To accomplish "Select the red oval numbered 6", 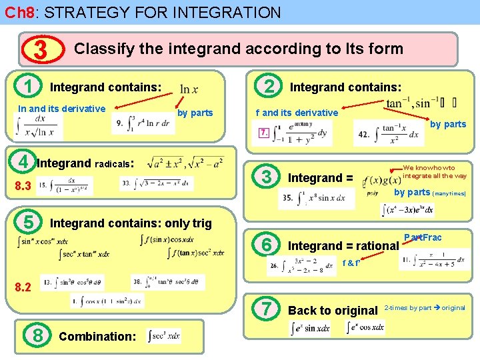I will tap(267, 245).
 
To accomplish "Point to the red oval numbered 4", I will tap(23, 162).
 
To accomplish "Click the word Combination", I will tap(97, 336).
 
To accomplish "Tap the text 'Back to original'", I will tap(333, 311).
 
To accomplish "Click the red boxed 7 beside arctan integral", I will tap(265, 133).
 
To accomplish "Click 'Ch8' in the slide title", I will tap(17, 12).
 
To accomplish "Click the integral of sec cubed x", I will tap(164, 335).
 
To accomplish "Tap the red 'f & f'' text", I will tap(351, 263).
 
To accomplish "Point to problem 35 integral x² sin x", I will tap(313, 198).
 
